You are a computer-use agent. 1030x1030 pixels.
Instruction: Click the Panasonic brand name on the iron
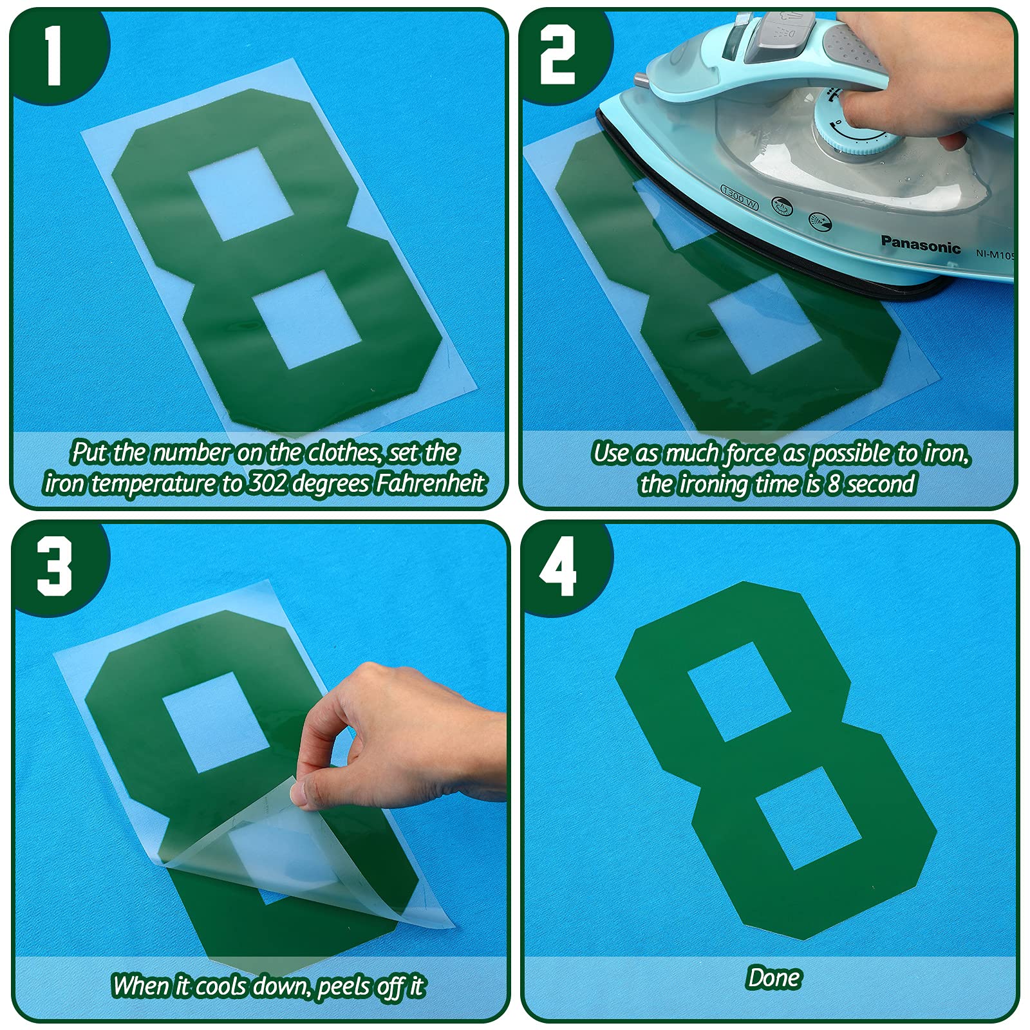(x=920, y=244)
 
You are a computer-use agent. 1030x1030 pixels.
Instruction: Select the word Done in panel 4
(x=774, y=978)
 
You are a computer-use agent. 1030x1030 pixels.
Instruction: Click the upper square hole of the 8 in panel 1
(x=241, y=194)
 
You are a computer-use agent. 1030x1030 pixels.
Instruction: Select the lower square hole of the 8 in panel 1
(x=304, y=319)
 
